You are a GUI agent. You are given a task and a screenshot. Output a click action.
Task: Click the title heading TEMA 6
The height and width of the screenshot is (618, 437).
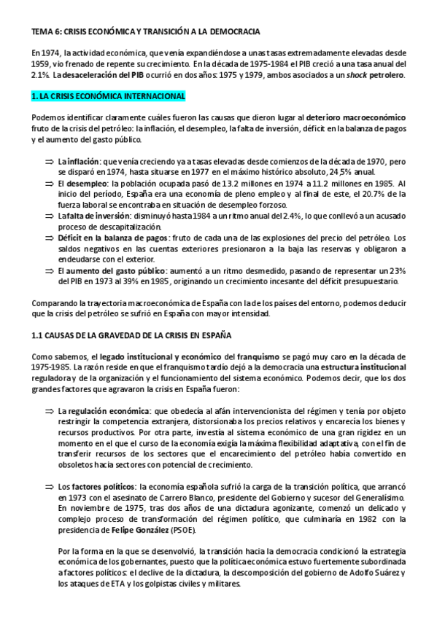147,32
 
